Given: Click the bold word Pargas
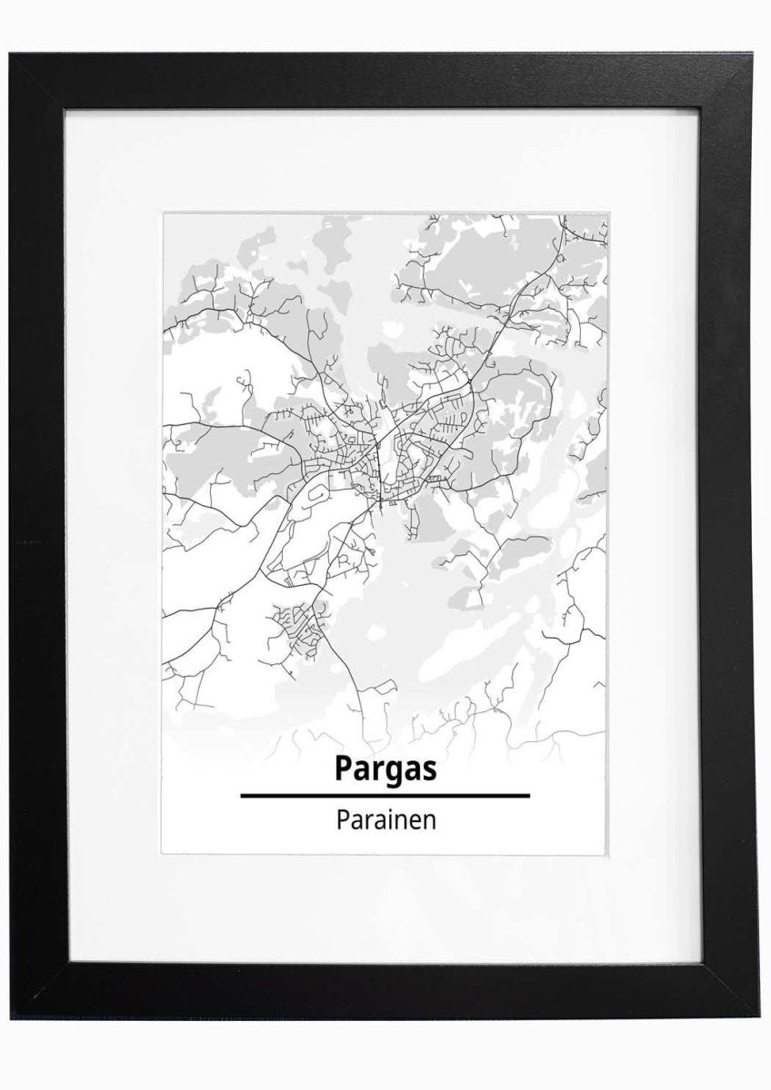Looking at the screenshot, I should point(385,768).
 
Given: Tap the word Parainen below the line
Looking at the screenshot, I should point(386,819).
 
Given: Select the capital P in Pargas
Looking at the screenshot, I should point(344,768).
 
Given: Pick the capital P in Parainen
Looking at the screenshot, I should point(342,819).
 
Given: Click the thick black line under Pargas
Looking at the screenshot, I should point(385,795).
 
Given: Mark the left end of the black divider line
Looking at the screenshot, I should point(242,795).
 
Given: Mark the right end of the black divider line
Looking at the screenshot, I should point(529,795).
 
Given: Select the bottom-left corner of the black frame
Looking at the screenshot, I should point(13,1017).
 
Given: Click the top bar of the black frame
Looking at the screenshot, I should point(385,82).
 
